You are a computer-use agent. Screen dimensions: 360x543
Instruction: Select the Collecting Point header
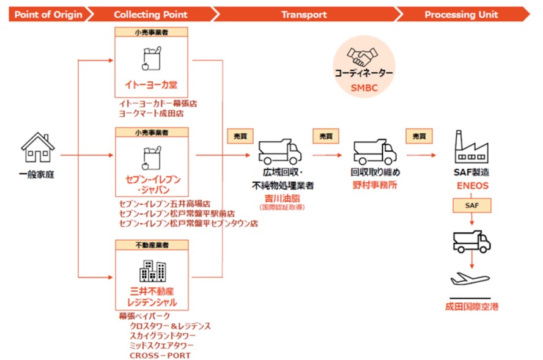pos(149,13)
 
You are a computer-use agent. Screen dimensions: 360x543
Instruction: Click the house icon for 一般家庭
pos(38,148)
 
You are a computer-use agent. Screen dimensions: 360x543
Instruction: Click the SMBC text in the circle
pos(363,88)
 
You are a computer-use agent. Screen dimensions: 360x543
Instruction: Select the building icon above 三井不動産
pos(152,272)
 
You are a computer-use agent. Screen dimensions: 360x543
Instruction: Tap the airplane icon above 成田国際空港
pos(470,281)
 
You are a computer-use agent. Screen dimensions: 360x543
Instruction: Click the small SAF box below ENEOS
pos(471,207)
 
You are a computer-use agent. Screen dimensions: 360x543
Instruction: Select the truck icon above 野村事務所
pos(375,150)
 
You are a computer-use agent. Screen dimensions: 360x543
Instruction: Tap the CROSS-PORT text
pos(160,355)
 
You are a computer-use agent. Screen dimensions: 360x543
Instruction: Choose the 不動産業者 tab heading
pos(152,244)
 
